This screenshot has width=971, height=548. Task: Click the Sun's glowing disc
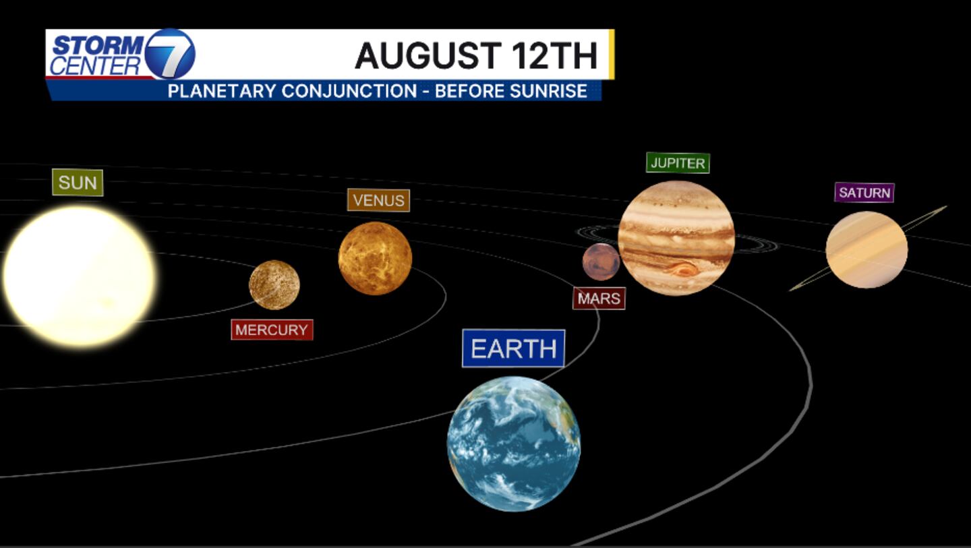click(80, 277)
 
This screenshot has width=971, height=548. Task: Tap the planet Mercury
click(274, 284)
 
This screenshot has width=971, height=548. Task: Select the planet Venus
click(375, 258)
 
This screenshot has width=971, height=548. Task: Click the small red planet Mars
click(601, 262)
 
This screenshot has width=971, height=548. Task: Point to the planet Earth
click(514, 444)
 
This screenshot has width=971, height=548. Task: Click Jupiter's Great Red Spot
click(682, 269)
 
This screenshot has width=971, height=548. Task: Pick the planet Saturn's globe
click(866, 249)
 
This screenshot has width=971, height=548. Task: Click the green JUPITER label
click(678, 163)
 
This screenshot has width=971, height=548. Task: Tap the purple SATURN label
click(864, 192)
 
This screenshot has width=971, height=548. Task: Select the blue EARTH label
click(514, 348)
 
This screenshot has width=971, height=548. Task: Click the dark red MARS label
click(599, 298)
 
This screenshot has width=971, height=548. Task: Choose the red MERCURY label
click(272, 330)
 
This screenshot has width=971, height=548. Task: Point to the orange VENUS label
click(378, 200)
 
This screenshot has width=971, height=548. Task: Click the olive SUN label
click(78, 183)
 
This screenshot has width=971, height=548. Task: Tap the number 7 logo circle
click(169, 54)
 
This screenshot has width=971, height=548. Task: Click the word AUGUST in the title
click(428, 55)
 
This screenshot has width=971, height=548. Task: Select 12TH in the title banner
click(554, 55)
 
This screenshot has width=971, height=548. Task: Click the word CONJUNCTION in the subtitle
click(349, 91)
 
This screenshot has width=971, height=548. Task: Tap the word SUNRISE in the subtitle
click(548, 91)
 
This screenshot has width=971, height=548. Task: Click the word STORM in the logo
click(98, 45)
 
